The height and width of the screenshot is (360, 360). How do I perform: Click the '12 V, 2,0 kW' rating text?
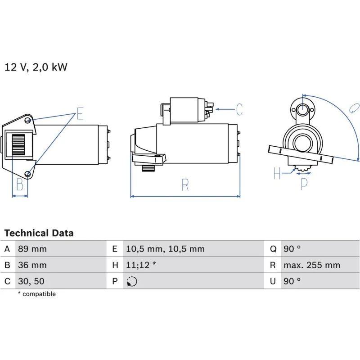coord(36,67)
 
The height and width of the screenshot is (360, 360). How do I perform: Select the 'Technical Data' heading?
coord(39,233)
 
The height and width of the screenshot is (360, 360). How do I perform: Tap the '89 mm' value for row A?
coord(32,249)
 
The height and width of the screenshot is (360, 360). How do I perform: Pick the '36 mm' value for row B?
coord(32,265)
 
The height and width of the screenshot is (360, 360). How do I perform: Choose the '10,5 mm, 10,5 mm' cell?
coord(165,249)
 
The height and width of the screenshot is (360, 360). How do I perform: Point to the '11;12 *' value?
coord(141,265)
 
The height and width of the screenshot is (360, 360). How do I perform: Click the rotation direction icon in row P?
coord(132,282)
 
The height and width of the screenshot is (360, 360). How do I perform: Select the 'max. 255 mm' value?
coord(311,265)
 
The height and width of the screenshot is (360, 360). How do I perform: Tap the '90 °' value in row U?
coord(292,281)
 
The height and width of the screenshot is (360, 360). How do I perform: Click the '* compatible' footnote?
coord(36,294)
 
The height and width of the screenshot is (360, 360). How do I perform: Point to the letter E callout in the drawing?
coord(80,113)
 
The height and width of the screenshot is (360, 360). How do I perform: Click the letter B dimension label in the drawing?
coord(19,184)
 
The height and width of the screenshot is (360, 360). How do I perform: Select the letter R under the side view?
coord(185,185)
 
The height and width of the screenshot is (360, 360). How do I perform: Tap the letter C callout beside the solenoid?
coord(239,109)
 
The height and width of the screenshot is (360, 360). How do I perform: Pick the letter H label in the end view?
coord(277,173)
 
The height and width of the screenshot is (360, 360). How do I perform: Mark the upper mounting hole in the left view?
coord(28,120)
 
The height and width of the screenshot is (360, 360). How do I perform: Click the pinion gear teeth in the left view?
coord(19,145)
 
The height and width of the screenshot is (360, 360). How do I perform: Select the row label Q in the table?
coord(272,249)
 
